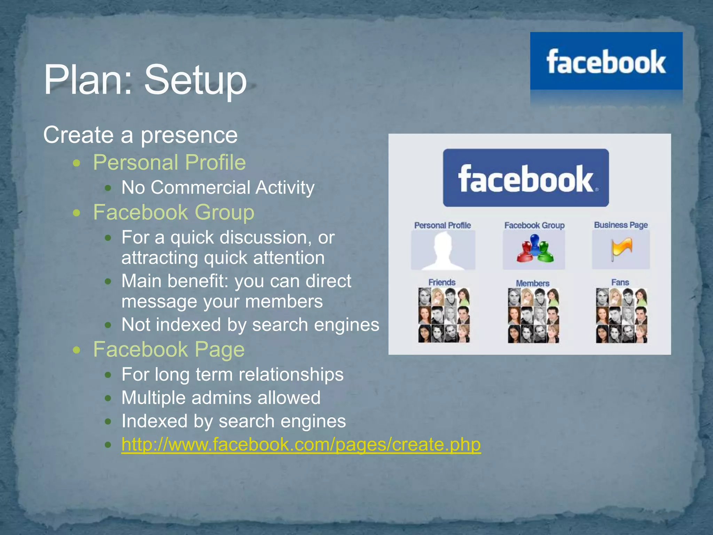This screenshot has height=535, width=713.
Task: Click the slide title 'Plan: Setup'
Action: (145, 80)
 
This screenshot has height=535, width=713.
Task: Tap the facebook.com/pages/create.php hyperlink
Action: (301, 444)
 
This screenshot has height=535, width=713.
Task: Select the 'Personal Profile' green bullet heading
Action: (170, 162)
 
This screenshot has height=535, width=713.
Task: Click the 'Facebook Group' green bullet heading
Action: (174, 212)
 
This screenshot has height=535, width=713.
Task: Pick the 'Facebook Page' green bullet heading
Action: (169, 349)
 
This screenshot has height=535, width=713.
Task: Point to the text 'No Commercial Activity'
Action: (218, 187)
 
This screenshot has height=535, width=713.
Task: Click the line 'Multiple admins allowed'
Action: (221, 398)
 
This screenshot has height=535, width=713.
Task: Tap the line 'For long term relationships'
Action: (233, 374)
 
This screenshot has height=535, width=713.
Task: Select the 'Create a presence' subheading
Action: (140, 135)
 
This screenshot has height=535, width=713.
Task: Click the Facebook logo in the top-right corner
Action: (606, 62)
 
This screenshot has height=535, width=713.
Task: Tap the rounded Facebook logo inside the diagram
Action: (526, 178)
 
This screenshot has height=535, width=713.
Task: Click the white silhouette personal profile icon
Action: (443, 250)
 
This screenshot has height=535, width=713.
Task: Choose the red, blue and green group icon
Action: (534, 249)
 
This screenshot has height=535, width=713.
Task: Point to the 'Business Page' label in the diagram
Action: (621, 225)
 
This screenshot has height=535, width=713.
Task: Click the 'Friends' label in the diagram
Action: (442, 282)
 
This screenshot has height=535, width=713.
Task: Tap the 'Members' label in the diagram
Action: (533, 283)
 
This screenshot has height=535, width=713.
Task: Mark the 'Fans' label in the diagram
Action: (620, 282)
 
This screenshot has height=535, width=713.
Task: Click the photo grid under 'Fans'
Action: (621, 315)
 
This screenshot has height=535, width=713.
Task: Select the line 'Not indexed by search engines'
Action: (250, 325)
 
